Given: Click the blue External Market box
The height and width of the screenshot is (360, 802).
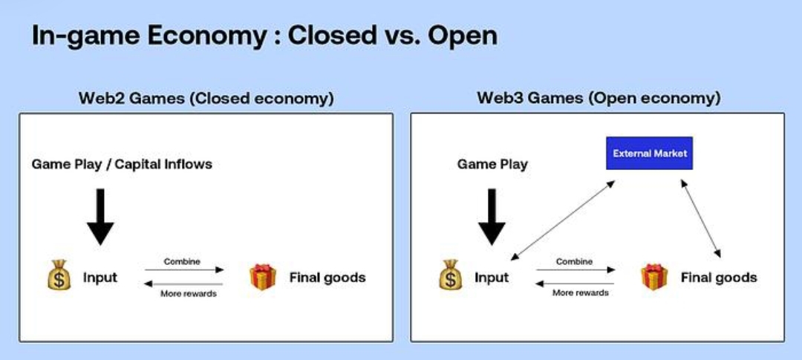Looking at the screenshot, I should pyautogui.click(x=650, y=153).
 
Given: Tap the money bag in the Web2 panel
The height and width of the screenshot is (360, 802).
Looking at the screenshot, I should pyautogui.click(x=59, y=275).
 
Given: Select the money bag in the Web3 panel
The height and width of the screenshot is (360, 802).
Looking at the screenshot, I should pyautogui.click(x=450, y=275).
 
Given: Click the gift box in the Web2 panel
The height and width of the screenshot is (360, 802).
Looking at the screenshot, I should pyautogui.click(x=262, y=277).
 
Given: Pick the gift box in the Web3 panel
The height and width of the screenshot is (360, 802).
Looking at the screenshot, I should pyautogui.click(x=654, y=277).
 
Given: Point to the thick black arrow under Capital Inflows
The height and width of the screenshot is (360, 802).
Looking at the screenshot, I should pyautogui.click(x=101, y=216).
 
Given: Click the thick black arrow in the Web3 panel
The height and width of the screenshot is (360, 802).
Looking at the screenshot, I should pyautogui.click(x=492, y=216).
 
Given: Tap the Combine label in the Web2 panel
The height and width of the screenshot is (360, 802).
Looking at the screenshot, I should pyautogui.click(x=182, y=261).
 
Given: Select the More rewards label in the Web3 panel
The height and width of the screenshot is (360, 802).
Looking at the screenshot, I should pyautogui.click(x=580, y=292).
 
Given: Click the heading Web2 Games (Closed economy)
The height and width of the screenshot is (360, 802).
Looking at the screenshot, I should pyautogui.click(x=206, y=98).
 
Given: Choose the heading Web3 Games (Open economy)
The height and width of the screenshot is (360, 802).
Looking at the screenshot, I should pyautogui.click(x=599, y=98).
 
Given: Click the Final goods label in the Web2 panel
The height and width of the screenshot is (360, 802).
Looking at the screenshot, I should pyautogui.click(x=327, y=278).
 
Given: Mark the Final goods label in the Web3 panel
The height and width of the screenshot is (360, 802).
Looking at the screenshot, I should pyautogui.click(x=719, y=278).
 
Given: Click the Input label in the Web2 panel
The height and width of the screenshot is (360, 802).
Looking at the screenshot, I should pyautogui.click(x=100, y=278).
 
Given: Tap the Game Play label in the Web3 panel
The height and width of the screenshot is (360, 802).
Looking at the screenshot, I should pyautogui.click(x=492, y=165).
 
